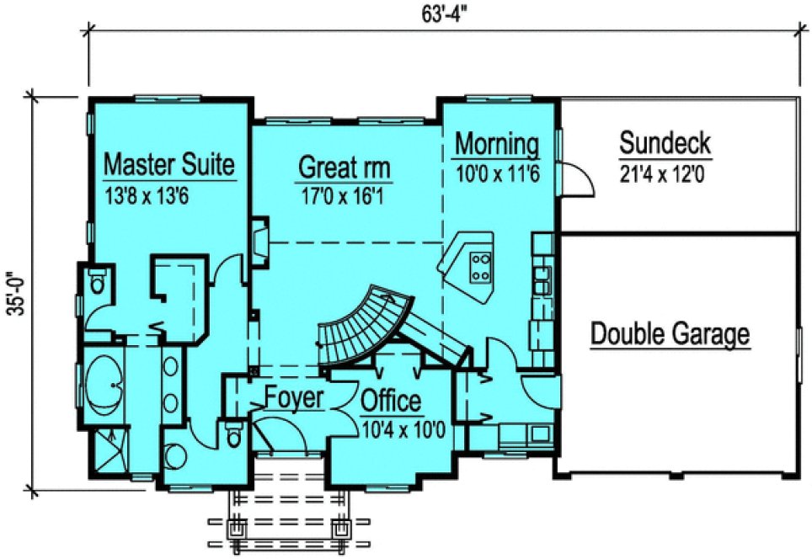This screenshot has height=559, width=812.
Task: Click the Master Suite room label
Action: pos(168,163)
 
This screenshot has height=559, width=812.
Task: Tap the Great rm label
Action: pos(345,168)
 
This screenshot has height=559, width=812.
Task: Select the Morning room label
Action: pos(497,144)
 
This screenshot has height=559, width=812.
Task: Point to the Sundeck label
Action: pos(665,143)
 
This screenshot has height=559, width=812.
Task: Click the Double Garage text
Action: pos(670,333)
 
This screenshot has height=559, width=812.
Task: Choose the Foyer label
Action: pos(294,397)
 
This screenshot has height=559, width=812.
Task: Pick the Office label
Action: pos(391,402)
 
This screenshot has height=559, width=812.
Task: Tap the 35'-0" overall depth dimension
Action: pos(14,292)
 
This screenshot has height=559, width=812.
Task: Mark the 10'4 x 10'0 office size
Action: pos(402,429)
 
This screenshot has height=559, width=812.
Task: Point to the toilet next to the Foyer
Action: pos(233,435)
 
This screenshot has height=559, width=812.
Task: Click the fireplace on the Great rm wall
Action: pos(260,239)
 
